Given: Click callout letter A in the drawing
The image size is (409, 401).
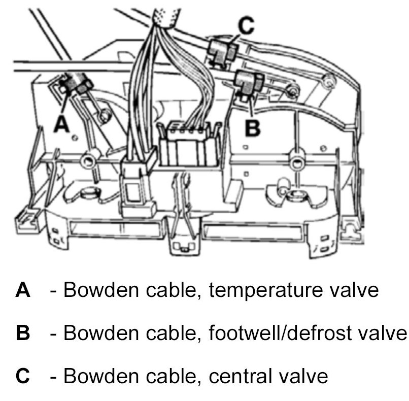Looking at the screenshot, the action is point(62,123).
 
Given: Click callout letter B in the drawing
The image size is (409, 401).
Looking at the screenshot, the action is point(252,127).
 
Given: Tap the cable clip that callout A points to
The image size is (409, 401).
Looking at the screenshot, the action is point(75,83).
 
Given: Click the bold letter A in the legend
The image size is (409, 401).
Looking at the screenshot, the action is point(23,290).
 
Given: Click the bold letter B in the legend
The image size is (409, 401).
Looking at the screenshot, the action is point(23,333).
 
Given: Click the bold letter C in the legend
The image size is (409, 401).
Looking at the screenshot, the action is point(23,376).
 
